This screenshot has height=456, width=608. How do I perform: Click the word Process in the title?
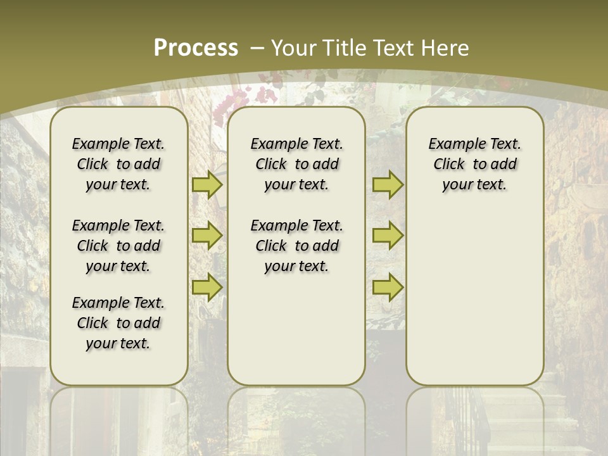click(x=196, y=47)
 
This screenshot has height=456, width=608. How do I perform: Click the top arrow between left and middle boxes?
click(x=206, y=184)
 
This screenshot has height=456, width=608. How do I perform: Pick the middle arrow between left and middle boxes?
click(x=206, y=236)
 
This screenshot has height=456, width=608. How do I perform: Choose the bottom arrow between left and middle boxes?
click(x=206, y=287)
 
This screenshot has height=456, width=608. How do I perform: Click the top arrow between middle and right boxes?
click(x=388, y=184)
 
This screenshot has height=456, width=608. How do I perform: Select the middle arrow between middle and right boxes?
click(x=388, y=236)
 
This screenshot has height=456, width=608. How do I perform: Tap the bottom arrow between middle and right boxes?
click(x=388, y=287)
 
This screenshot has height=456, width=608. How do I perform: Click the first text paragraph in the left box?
click(x=118, y=164)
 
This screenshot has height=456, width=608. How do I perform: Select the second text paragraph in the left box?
click(x=118, y=246)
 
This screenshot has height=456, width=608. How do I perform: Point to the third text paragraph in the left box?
click(x=118, y=323)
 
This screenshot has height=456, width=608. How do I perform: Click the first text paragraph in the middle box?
click(x=296, y=164)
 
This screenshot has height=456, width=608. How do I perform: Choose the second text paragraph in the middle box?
click(x=296, y=246)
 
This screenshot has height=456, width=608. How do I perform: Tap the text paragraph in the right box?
click(x=474, y=164)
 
